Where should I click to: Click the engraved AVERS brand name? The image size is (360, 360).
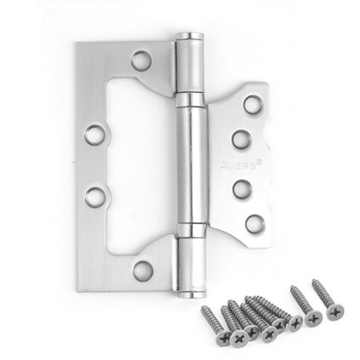pyautogui.click(x=236, y=166)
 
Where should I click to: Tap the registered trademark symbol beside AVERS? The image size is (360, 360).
pyautogui.click(x=258, y=162)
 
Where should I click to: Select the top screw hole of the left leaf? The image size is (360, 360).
pyautogui.click(x=142, y=60)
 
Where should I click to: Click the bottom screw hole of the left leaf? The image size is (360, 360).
pyautogui.click(x=143, y=271)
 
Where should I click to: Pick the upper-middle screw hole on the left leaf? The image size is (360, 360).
pyautogui.click(x=95, y=135)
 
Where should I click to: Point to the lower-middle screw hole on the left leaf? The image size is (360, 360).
pyautogui.click(x=96, y=197)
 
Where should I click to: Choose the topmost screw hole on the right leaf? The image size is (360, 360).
pyautogui.click(x=253, y=104)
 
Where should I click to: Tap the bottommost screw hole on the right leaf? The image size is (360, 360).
pyautogui.click(x=255, y=224)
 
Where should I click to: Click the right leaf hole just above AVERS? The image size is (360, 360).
pyautogui.click(x=241, y=140)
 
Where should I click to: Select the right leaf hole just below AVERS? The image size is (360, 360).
pyautogui.click(x=242, y=189)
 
